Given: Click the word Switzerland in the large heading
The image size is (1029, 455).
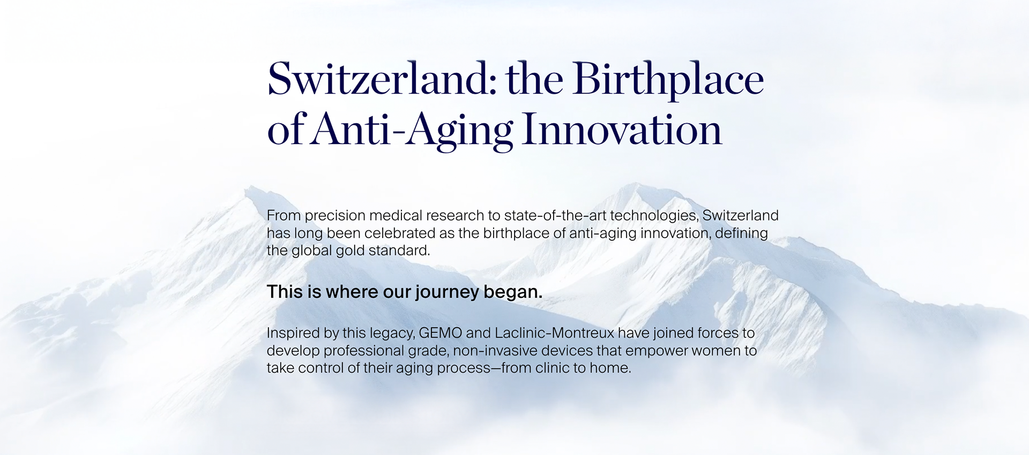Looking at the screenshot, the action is pyautogui.click(x=382, y=79).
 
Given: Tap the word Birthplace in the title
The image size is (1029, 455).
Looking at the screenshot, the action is pyautogui.click(x=668, y=80).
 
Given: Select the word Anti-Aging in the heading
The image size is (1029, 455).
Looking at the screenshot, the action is pyautogui.click(x=412, y=130).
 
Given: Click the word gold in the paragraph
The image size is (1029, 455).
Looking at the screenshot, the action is pyautogui.click(x=351, y=251).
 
